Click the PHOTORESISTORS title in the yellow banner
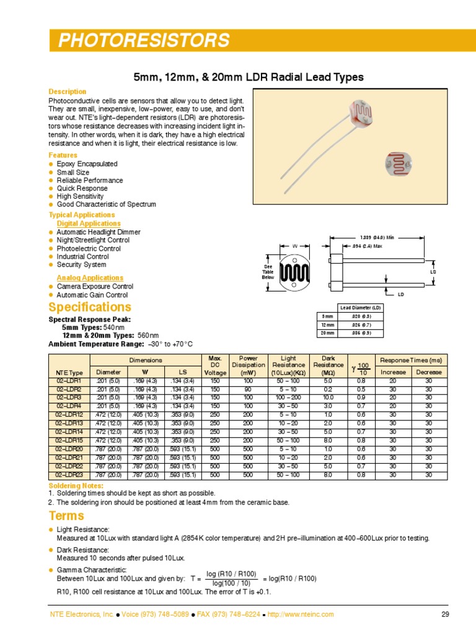(144, 41)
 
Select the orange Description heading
(68, 92)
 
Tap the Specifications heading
(90, 308)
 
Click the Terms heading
(66, 516)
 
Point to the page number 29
(444, 614)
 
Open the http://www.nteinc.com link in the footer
(301, 614)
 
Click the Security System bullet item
(81, 264)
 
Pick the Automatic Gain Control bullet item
(92, 295)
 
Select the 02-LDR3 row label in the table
(69, 397)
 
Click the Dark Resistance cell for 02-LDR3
(328, 397)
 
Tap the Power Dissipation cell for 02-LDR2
(248, 389)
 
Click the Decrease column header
(429, 372)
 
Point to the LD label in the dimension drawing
(401, 294)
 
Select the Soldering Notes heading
(76, 485)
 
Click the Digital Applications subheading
(89, 224)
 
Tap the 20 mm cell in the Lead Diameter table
(327, 333)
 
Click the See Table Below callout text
(268, 272)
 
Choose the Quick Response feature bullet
(82, 188)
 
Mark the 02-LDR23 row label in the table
(69, 475)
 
